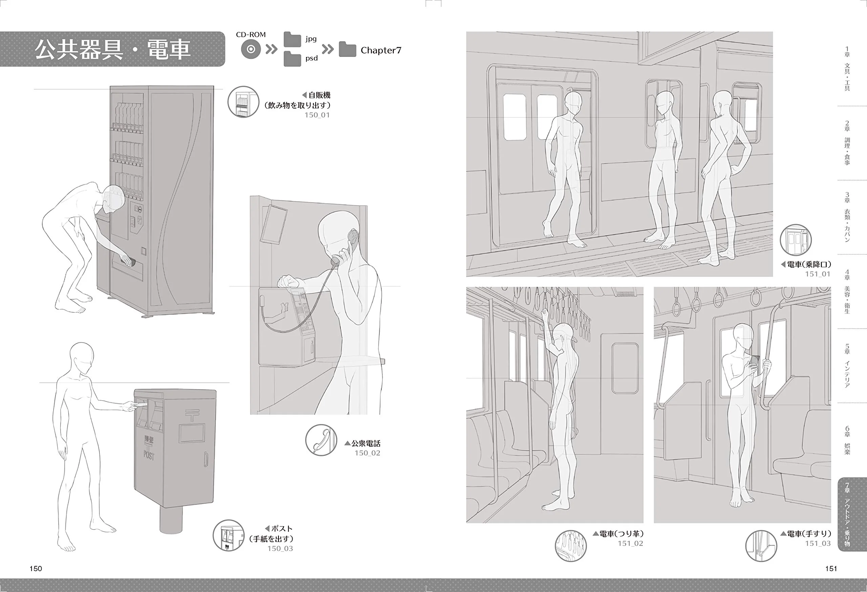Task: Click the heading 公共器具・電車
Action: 113,49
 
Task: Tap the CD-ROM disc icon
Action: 251,49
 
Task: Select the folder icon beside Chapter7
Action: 347,49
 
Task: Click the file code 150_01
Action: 317,115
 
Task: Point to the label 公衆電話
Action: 366,444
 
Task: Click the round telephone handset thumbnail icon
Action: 321,440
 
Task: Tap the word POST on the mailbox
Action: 149,455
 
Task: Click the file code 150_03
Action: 280,548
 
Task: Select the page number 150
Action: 36,569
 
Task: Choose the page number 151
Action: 831,569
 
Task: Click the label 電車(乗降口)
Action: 809,265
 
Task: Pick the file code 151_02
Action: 631,544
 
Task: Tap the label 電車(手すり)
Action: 809,534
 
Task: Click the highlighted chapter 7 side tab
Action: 852,514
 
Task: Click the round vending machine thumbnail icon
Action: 243,102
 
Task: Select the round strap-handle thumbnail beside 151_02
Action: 571,546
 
